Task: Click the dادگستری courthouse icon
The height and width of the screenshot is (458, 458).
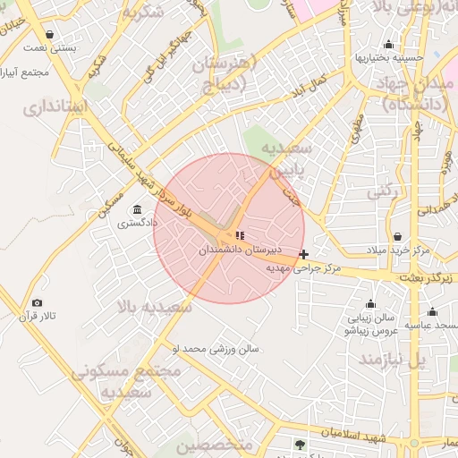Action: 136,209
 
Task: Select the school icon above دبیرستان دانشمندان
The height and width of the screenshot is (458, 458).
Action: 239,236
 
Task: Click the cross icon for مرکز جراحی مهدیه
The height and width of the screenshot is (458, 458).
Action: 305,254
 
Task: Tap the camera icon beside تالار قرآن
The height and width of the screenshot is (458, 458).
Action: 37,303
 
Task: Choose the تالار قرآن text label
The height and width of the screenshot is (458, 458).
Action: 38,318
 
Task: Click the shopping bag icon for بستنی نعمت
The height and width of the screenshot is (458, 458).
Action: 48,34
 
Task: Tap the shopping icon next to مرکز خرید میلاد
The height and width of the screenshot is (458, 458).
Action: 370,250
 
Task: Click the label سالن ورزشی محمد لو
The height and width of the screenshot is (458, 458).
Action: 216,347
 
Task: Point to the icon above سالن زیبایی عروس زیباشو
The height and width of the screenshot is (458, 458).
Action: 369,304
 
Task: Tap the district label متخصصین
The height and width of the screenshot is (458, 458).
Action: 215,444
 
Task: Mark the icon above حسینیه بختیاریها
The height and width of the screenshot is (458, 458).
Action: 388,45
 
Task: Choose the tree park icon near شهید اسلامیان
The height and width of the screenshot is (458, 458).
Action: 300,445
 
